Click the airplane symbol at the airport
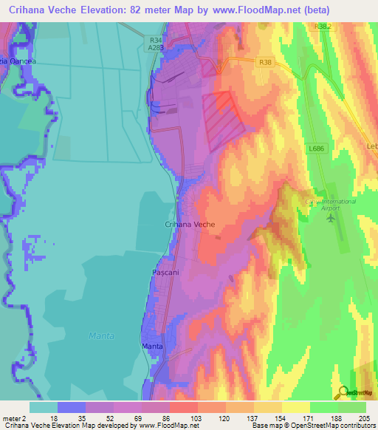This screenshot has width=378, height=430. (x=331, y=217)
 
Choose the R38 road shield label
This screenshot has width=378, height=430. (x=266, y=64)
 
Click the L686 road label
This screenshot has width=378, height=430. (x=317, y=149)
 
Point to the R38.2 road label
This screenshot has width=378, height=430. (x=323, y=26)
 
